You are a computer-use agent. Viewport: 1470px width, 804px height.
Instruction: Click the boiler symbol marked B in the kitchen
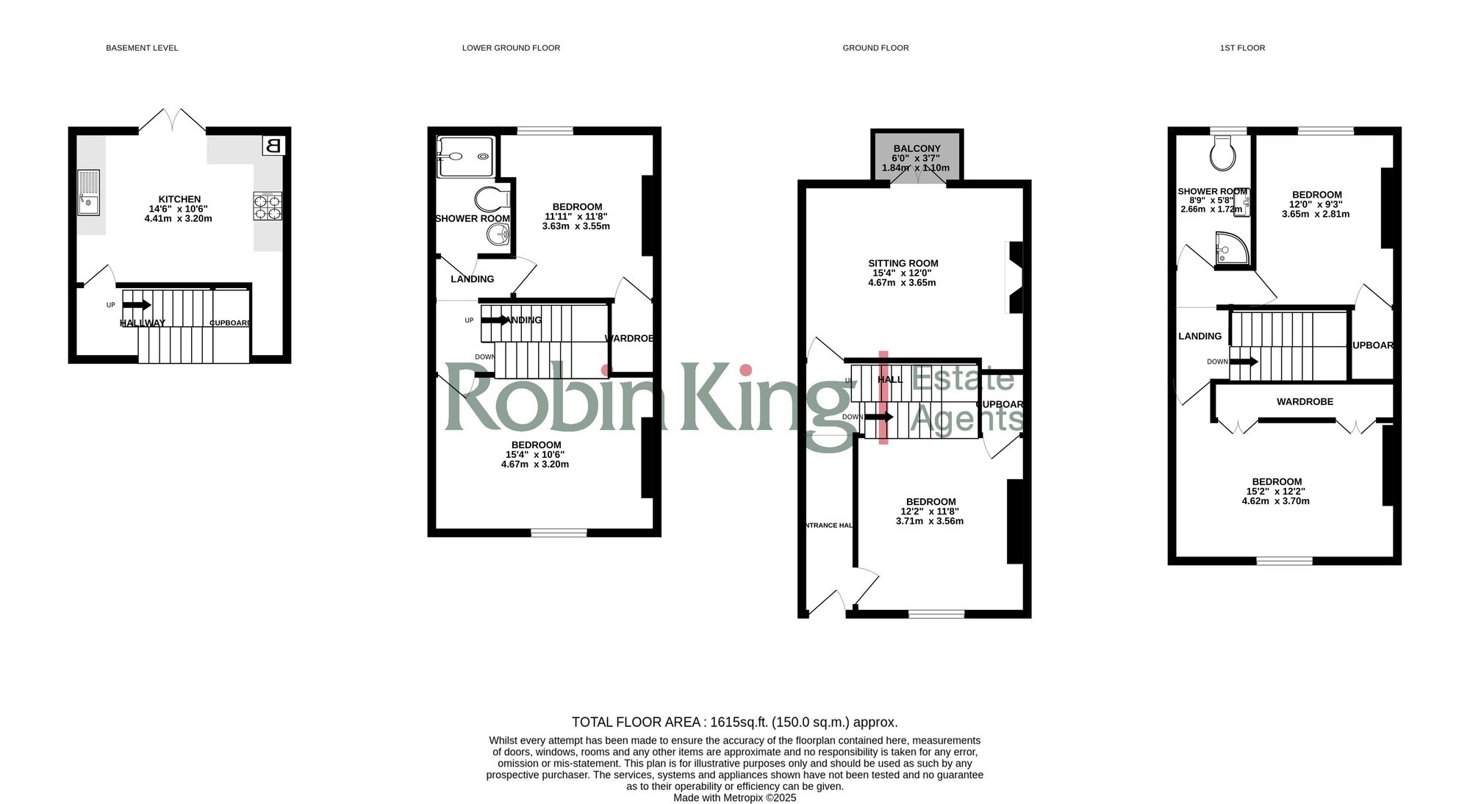pyautogui.click(x=273, y=145)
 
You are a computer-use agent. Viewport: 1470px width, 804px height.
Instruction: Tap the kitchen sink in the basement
pyautogui.click(x=88, y=193)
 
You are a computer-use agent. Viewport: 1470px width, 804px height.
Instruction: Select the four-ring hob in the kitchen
pyautogui.click(x=268, y=206)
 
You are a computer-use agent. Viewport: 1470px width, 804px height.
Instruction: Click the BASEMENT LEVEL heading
pyautogui.click(x=142, y=48)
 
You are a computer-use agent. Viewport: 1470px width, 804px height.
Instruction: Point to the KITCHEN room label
pyautogui.click(x=179, y=199)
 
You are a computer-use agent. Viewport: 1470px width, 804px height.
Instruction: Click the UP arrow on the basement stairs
pyautogui.click(x=137, y=305)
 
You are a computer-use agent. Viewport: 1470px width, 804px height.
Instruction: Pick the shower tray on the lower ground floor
pyautogui.click(x=465, y=157)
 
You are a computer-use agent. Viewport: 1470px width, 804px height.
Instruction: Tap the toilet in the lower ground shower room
pyautogui.click(x=492, y=198)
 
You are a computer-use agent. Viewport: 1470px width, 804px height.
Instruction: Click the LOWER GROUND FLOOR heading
pyautogui.click(x=511, y=48)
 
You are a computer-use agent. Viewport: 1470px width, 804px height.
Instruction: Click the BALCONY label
pyautogui.click(x=917, y=148)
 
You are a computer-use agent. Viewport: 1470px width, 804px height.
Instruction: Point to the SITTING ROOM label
pyautogui.click(x=903, y=263)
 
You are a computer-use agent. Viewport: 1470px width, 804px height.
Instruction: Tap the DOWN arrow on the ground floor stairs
pyautogui.click(x=879, y=417)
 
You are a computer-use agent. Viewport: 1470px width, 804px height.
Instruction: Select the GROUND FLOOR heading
pyautogui.click(x=875, y=48)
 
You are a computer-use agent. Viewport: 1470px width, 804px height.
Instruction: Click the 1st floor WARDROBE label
pyautogui.click(x=1305, y=401)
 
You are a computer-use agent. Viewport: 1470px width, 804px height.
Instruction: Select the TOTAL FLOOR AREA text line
pyautogui.click(x=734, y=722)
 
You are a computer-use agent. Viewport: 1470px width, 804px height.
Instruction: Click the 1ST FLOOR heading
pyautogui.click(x=1242, y=48)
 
